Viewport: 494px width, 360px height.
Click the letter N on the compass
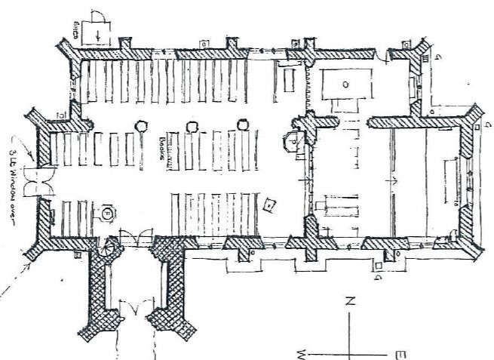[350, 300]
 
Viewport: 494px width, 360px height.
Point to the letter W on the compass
[301, 352]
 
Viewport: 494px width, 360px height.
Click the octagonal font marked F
[107, 214]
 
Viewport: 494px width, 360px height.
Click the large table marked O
[345, 85]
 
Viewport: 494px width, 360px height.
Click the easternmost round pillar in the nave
[243, 125]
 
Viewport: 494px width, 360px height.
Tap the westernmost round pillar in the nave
[140, 126]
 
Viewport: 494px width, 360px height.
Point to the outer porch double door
[136, 309]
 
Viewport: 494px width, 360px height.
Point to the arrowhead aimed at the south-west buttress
[29, 265]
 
